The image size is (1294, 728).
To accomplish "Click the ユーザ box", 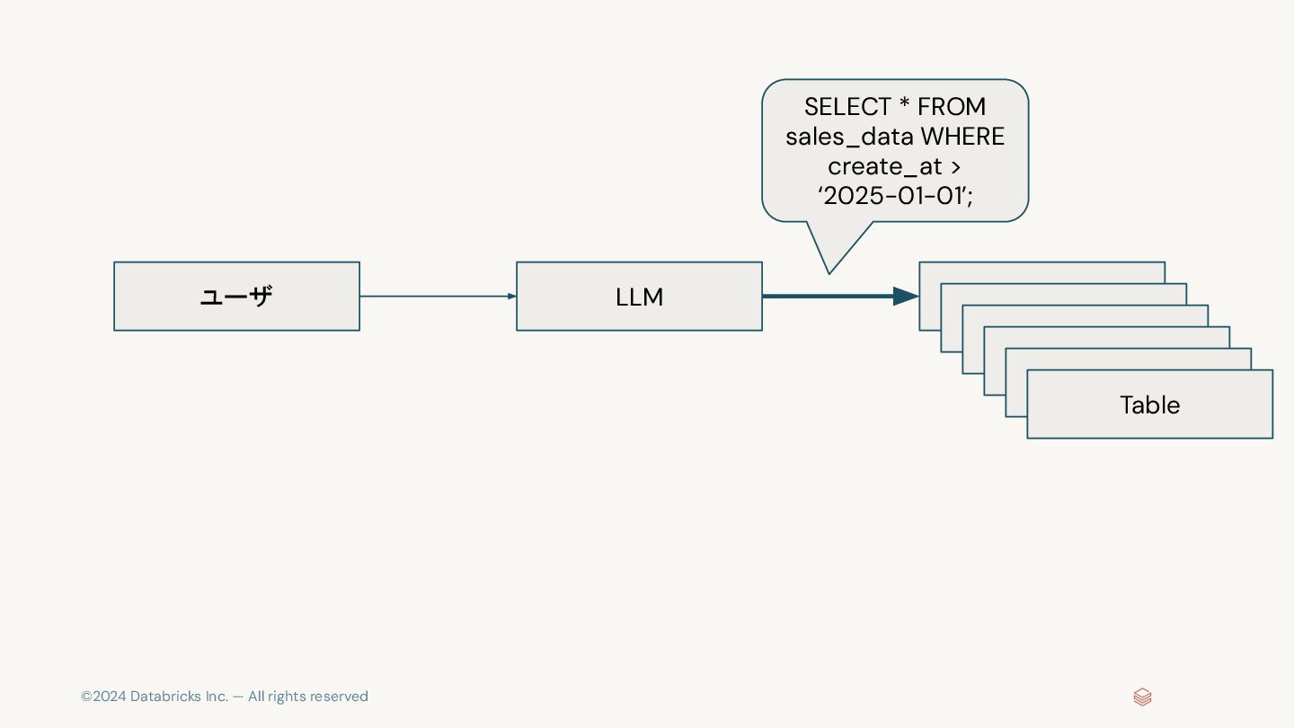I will [236, 297].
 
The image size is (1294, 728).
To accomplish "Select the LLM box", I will [639, 297].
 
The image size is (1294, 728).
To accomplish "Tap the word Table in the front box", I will [1149, 405].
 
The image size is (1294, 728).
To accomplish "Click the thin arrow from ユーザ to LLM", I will [437, 297].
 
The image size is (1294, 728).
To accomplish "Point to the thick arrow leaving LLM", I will [827, 297].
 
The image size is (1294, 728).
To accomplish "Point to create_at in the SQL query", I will [884, 166].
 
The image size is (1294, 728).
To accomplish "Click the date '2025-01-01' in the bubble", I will [894, 196].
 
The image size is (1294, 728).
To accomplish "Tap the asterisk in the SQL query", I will [904, 104].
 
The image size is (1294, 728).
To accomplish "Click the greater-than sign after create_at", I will [955, 167].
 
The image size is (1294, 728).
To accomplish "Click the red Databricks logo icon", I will [1142, 697].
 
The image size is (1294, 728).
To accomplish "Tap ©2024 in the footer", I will [103, 697].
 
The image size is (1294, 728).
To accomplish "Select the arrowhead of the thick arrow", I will [905, 297].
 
